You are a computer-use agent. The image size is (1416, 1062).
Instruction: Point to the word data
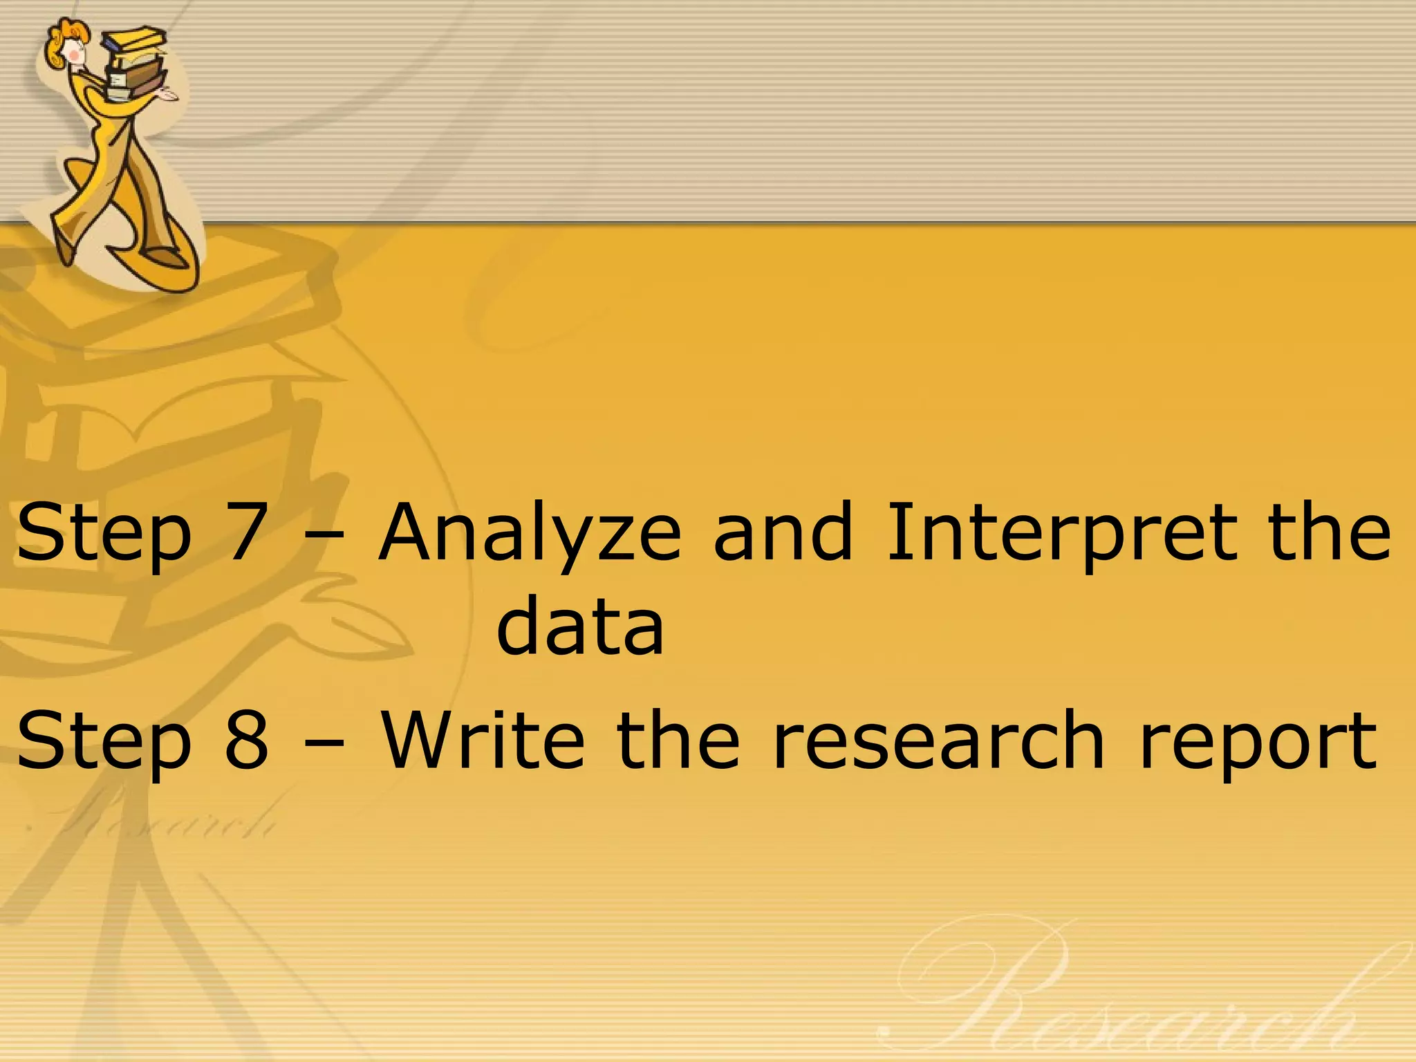pos(580,626)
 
